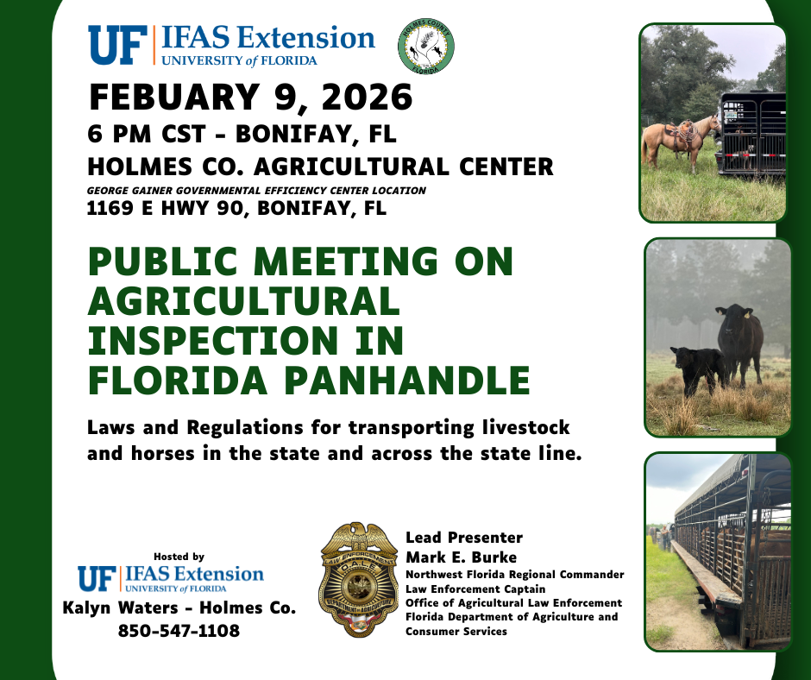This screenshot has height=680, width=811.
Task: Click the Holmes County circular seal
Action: click(425, 47)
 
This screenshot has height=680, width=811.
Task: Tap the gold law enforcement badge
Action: click(358, 580)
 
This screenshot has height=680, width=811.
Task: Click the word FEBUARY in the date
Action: click(174, 97)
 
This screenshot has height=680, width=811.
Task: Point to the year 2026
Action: click(367, 97)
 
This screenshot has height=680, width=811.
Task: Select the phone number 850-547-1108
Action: click(179, 631)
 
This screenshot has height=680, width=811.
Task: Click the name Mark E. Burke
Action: click(461, 557)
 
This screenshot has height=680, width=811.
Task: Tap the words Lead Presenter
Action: click(464, 538)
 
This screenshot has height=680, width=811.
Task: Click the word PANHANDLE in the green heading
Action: click(407, 381)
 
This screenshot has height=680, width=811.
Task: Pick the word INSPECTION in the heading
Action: click(212, 341)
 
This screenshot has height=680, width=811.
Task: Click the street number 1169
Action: click(110, 208)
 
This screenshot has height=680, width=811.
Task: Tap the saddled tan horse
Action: click(680, 140)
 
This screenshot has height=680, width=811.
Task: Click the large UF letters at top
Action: click(118, 46)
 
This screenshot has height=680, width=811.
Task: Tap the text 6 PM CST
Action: click(147, 134)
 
